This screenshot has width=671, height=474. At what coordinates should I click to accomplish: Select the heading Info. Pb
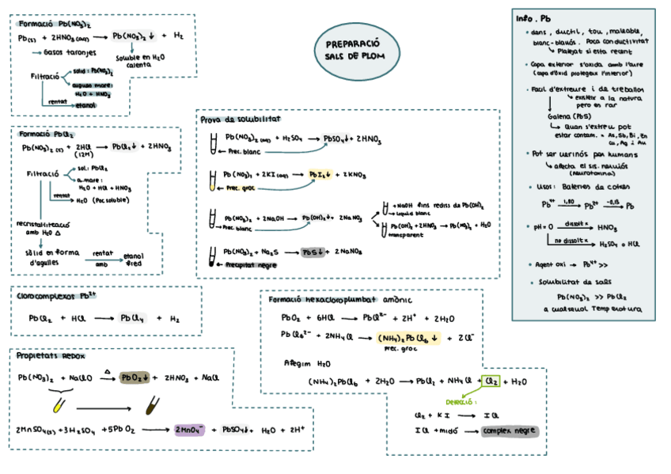pyautogui.click(x=533, y=18)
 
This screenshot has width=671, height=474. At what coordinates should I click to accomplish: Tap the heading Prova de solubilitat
pyautogui.click(x=241, y=119)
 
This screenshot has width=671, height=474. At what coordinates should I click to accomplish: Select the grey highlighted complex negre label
pyautogui.click(x=510, y=431)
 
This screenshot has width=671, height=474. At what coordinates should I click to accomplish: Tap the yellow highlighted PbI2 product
pyautogui.click(x=320, y=175)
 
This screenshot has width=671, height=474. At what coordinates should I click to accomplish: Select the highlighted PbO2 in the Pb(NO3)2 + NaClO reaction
pyautogui.click(x=135, y=378)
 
